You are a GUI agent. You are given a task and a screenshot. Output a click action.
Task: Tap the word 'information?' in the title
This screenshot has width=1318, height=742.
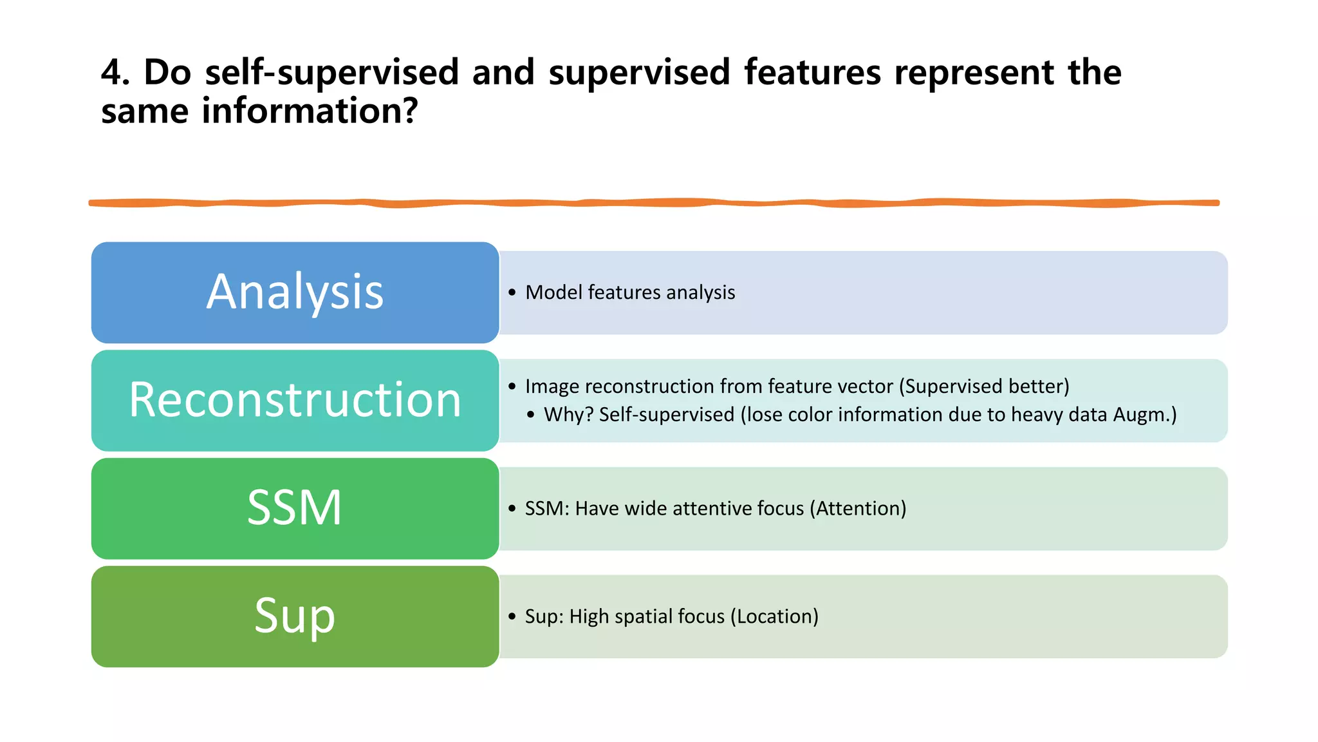pos(310,111)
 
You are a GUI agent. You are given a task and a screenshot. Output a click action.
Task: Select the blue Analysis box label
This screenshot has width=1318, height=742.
pos(295,292)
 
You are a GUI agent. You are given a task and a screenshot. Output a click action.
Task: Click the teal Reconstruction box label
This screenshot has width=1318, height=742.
pos(295,400)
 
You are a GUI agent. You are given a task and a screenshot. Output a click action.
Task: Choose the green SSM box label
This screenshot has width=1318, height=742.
pos(295,508)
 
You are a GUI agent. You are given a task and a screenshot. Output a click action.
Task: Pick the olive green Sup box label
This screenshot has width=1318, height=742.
pos(295,616)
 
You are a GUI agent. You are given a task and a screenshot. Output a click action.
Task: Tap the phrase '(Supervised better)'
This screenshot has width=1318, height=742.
pos(983,386)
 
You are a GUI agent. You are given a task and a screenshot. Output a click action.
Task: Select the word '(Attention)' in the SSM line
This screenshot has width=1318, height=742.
pos(858,509)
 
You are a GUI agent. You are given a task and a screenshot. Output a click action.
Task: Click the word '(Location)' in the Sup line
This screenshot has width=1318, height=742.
pos(774,617)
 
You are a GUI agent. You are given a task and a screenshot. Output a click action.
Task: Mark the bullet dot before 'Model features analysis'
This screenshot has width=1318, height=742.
pos(512,293)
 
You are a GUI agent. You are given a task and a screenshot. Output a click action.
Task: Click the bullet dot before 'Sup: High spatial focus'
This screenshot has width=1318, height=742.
pos(512,617)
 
